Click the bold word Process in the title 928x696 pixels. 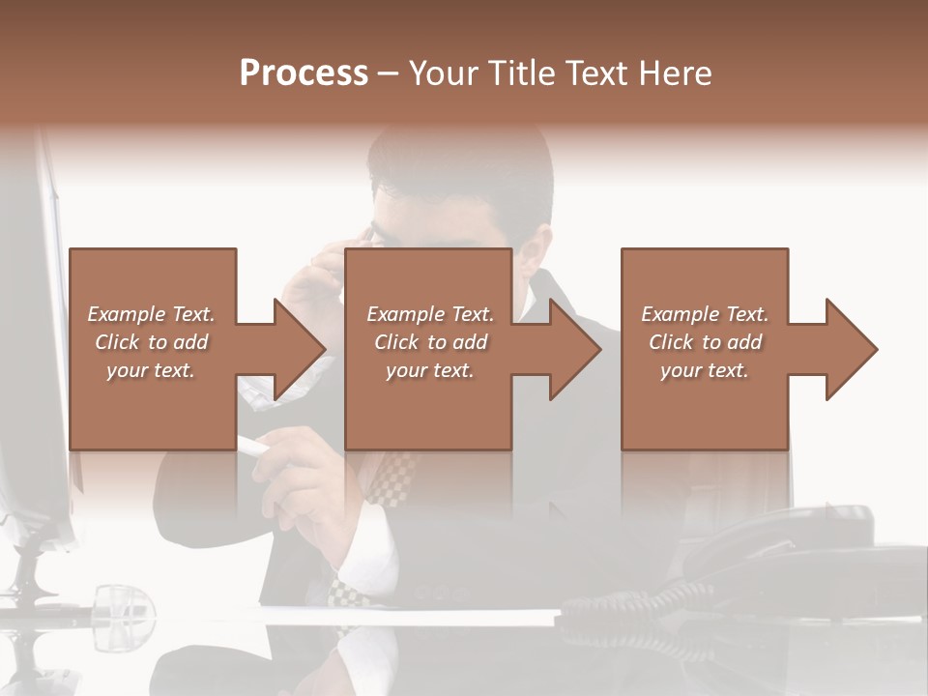tap(304, 73)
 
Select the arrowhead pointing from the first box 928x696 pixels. tap(300, 349)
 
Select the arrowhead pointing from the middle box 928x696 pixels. tap(575, 349)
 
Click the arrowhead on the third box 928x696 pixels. tap(852, 349)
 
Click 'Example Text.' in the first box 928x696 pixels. tap(151, 314)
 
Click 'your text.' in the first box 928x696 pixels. tap(151, 370)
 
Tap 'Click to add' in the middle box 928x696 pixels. tap(430, 342)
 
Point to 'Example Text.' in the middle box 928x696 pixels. tap(430, 314)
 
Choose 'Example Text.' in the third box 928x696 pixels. tap(705, 314)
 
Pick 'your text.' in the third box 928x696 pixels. tap(705, 370)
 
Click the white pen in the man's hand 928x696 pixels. tap(253, 446)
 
